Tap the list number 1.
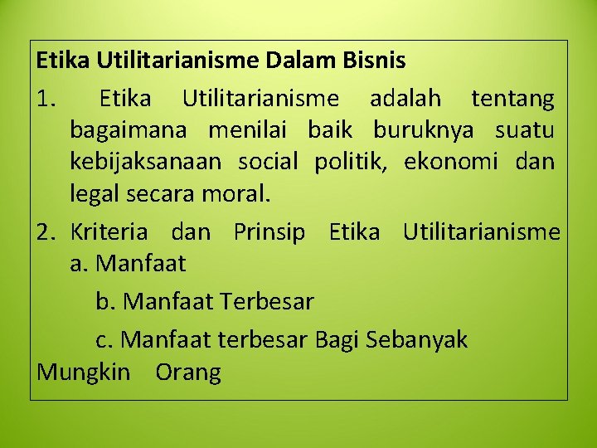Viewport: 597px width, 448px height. tap(45, 100)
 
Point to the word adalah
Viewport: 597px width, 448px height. tap(405, 100)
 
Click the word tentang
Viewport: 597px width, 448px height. tap(512, 100)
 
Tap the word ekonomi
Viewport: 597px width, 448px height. tap(451, 162)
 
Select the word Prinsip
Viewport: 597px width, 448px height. tap(269, 232)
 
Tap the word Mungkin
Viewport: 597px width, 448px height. tap(83, 373)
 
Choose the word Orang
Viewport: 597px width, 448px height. tap(188, 373)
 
